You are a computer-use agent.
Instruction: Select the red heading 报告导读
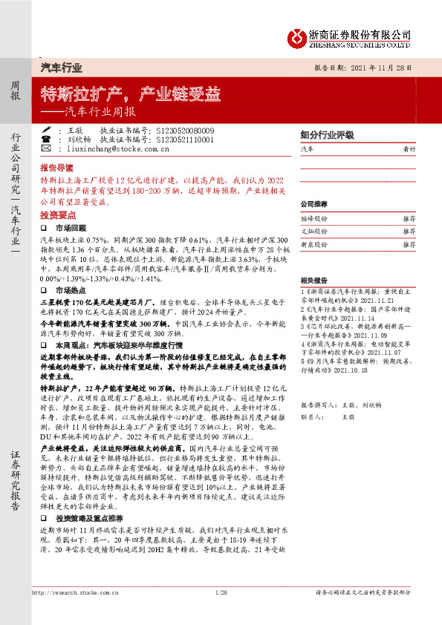56,168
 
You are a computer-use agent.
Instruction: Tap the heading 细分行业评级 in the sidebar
327,135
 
